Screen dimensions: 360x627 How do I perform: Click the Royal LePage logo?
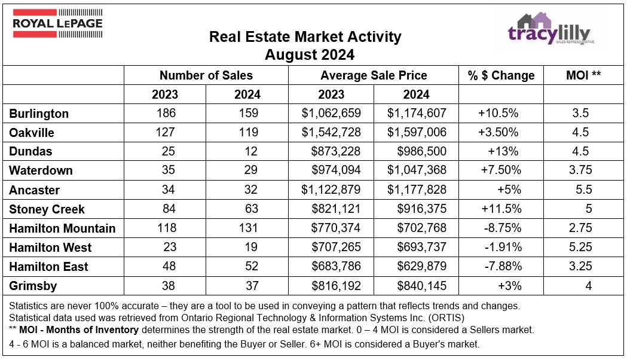(x=58, y=23)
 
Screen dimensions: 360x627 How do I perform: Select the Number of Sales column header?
(x=206, y=75)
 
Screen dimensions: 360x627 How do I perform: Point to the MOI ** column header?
(x=583, y=75)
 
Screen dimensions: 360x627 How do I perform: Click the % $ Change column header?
(x=501, y=75)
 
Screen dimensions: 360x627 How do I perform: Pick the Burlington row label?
(x=39, y=114)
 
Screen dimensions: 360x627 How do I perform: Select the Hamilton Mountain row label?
(x=62, y=228)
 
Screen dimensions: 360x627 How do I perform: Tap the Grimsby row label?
(x=33, y=286)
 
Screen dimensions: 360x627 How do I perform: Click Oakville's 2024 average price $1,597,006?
(x=417, y=133)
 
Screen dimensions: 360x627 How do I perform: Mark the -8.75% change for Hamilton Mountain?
(x=501, y=228)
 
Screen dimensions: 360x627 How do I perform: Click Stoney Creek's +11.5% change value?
(x=501, y=209)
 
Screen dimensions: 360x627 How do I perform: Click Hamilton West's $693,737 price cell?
(x=417, y=248)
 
